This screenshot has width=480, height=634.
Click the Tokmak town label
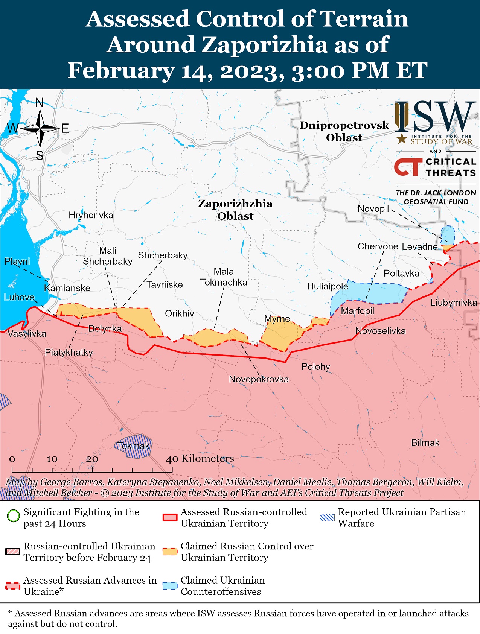coord(134,446)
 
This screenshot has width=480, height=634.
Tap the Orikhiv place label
coord(180,313)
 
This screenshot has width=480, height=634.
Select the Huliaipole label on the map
coord(328,286)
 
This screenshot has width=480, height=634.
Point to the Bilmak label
coord(425,443)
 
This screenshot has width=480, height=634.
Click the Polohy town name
coord(315,367)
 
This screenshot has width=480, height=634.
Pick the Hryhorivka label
coord(91,215)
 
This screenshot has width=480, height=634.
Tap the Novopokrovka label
coord(259,379)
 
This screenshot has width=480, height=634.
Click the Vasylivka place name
coord(27,334)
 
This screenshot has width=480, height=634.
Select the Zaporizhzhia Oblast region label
coord(235,210)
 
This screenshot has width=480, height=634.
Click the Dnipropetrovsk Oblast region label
coord(344,131)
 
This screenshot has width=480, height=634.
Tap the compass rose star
coord(40,129)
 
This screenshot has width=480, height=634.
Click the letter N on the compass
coord(40,102)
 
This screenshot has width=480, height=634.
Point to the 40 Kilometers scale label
coord(200,459)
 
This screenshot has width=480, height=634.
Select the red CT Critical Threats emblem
coord(408,167)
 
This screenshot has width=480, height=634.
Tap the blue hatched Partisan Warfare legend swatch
coord(327,517)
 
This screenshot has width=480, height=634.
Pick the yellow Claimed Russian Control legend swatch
coord(170,552)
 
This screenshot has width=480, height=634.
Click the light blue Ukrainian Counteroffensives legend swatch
coord(170,586)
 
